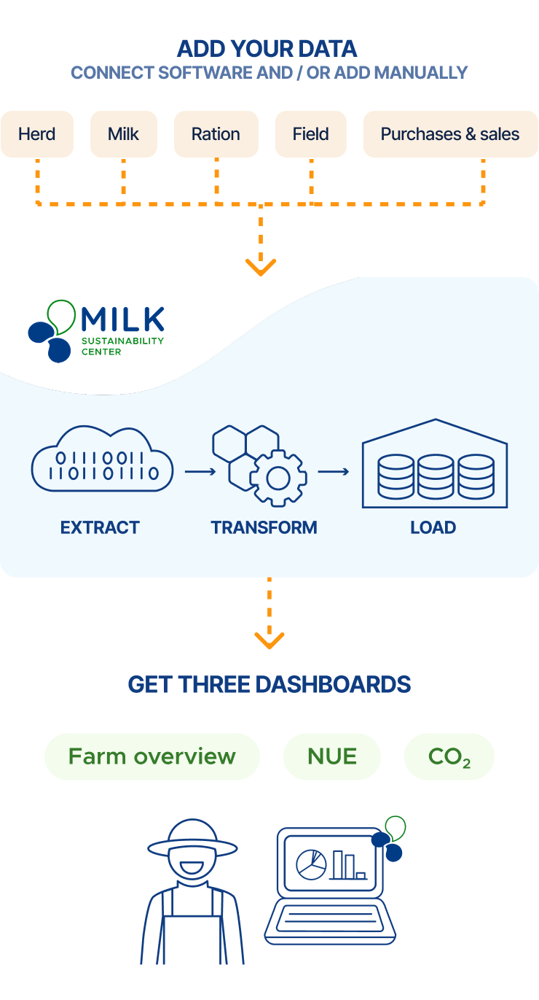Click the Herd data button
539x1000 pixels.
pos(37,134)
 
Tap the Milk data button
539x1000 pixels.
pos(123,134)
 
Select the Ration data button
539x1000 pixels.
pos(216,134)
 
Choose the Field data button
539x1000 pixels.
pos(310,134)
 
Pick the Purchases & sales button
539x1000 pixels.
pos(450,134)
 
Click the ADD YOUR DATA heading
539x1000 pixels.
pos(267,50)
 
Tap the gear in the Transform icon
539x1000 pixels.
pos(278,478)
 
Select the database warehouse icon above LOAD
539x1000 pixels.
pos(435,467)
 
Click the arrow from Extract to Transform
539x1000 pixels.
pos(200,471)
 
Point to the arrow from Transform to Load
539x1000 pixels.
pos(334,471)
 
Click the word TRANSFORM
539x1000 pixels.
pos(264,527)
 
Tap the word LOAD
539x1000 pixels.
pos(433,527)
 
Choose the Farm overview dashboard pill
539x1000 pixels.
pos(152,756)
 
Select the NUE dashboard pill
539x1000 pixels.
pos(332,756)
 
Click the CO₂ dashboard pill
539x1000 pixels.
pos(449,757)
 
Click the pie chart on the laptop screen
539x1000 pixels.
pos(311,864)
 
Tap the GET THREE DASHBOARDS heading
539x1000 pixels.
pos(269,684)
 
